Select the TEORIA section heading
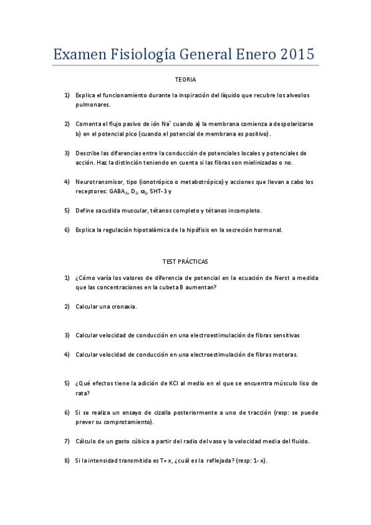pyautogui.click(x=185, y=80)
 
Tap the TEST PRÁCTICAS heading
pyautogui.click(x=185, y=262)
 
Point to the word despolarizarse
pyautogui.click(x=289, y=124)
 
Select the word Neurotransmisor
pyautogui.click(x=98, y=181)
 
